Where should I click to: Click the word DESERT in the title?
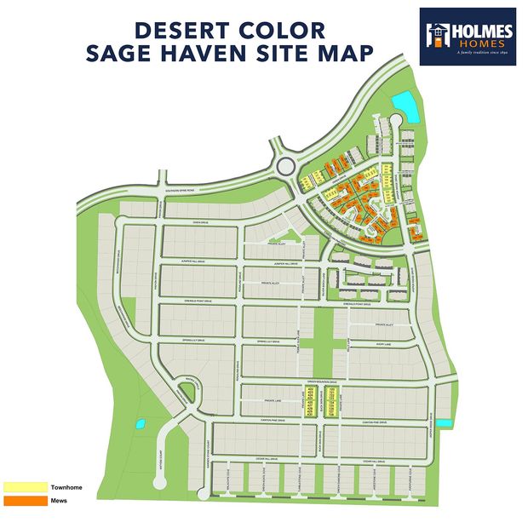182,30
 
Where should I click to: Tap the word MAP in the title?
344,52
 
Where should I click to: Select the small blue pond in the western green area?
138,423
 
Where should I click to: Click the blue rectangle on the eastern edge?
444,423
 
